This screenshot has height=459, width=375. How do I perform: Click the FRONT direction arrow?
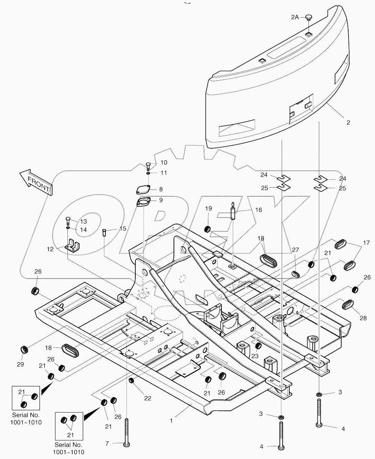(36, 182)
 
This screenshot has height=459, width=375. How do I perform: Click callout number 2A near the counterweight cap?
(295, 17)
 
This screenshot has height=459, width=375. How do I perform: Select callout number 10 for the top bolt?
(164, 162)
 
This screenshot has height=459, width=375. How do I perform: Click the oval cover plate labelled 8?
(142, 190)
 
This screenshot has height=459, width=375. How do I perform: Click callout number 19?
(209, 209)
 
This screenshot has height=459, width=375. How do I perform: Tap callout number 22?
(147, 398)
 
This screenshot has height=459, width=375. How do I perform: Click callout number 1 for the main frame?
(171, 420)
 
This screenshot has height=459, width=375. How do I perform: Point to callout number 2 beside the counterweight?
(348, 122)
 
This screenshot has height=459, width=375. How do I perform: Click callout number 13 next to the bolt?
(83, 222)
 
